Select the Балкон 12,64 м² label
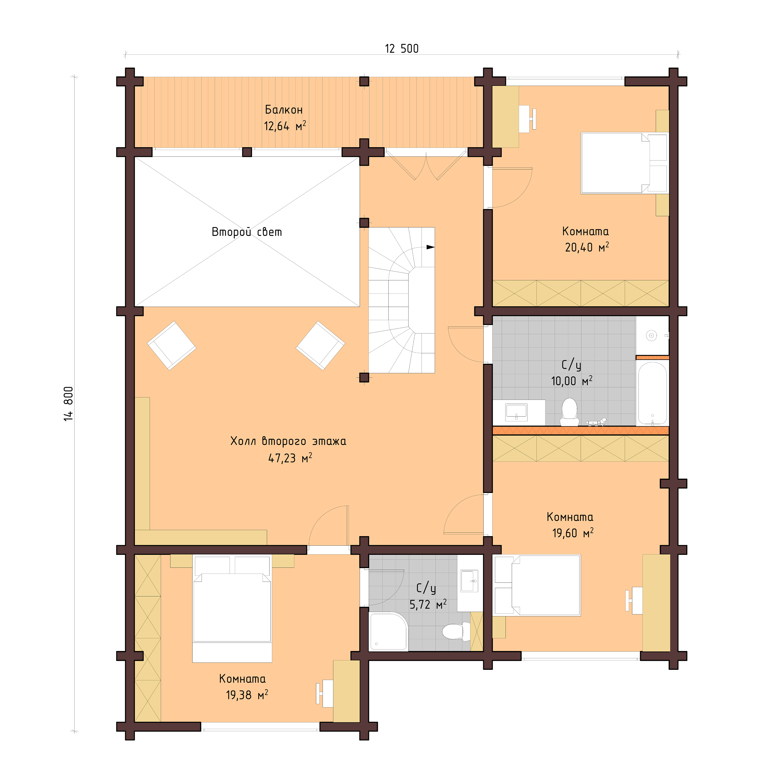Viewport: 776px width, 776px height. [x=284, y=118]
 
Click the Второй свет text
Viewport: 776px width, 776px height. [x=247, y=232]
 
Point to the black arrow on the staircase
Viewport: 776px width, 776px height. [x=430, y=247]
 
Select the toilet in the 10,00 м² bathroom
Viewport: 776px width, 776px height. [x=569, y=412]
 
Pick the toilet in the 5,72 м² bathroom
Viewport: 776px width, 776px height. [x=456, y=631]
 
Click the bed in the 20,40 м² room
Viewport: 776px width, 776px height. [x=624, y=163]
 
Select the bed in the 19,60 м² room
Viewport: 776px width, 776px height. [x=537, y=585]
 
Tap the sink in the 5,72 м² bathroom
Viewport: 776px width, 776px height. [x=469, y=581]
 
